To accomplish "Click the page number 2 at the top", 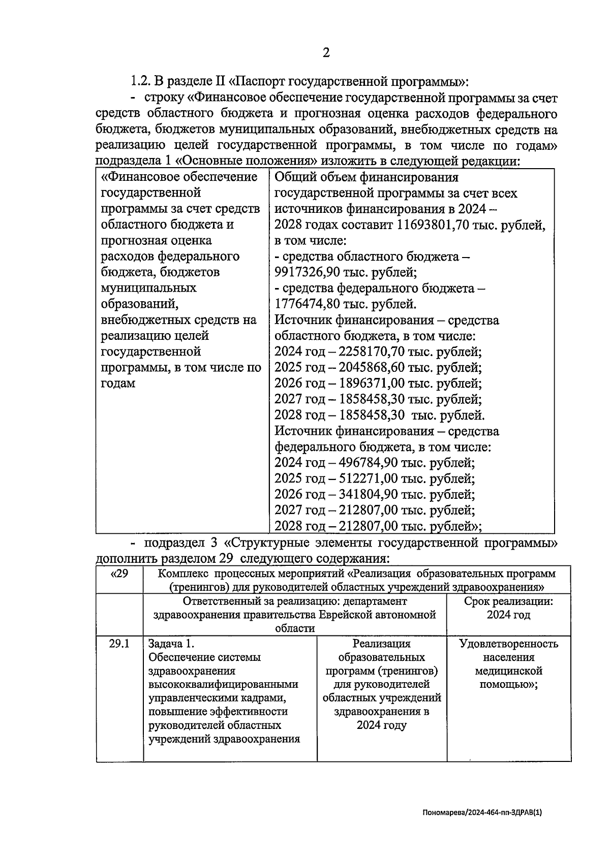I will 326,52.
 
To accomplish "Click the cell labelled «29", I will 119,574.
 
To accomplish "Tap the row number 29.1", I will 119,644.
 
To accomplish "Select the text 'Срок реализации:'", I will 508,601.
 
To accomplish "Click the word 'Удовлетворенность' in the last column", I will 508,644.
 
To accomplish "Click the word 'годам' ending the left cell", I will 118,384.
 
